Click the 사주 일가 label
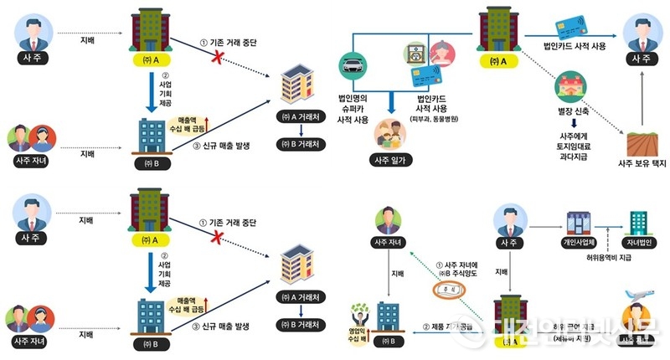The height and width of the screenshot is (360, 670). click(391, 159)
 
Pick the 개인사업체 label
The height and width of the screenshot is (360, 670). click(577, 245)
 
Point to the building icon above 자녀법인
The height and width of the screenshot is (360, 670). click(640, 221)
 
